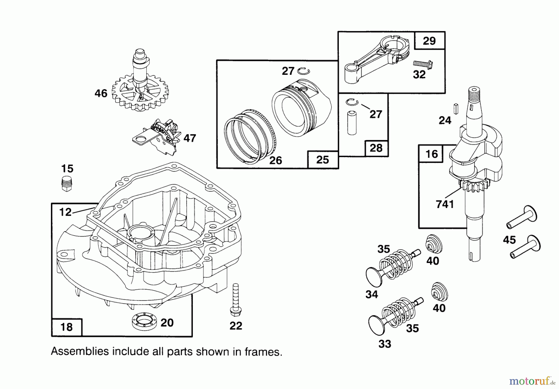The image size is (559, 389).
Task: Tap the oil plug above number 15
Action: click(66, 183)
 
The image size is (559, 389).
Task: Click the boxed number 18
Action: click(67, 327)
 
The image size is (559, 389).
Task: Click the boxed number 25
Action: click(322, 160)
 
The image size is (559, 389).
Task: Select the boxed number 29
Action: click(429, 41)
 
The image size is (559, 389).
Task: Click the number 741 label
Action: click(445, 204)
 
